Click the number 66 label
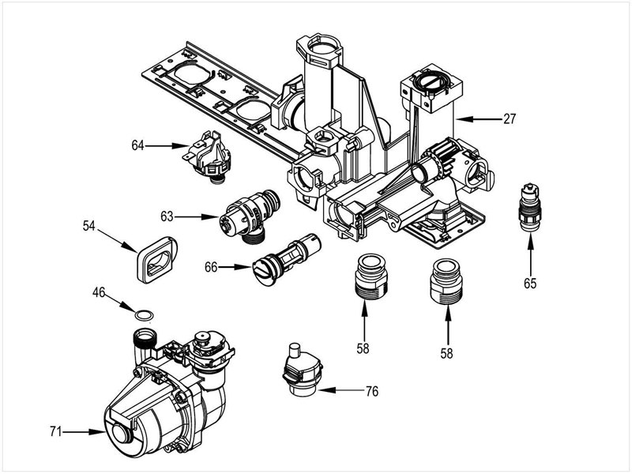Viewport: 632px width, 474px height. pos(211,267)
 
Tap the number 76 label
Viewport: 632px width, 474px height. pos(371,390)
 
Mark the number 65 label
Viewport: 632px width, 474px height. pos(530,280)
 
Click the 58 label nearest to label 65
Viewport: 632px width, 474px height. pos(446,353)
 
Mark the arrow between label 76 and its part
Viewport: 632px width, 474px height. pos(340,390)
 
